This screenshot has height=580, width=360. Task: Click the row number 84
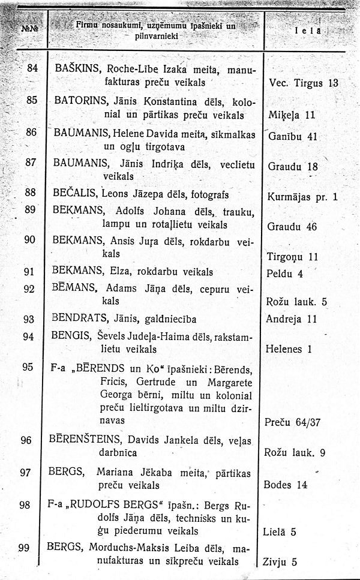(x=32, y=68)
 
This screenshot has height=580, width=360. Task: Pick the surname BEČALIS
(x=75, y=193)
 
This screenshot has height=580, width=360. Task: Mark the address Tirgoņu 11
(x=292, y=257)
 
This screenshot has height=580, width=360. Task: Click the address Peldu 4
(x=284, y=274)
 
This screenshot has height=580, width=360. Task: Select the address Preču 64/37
(x=292, y=422)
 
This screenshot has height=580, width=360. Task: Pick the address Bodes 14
(x=286, y=484)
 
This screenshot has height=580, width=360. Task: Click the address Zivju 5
(x=280, y=562)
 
